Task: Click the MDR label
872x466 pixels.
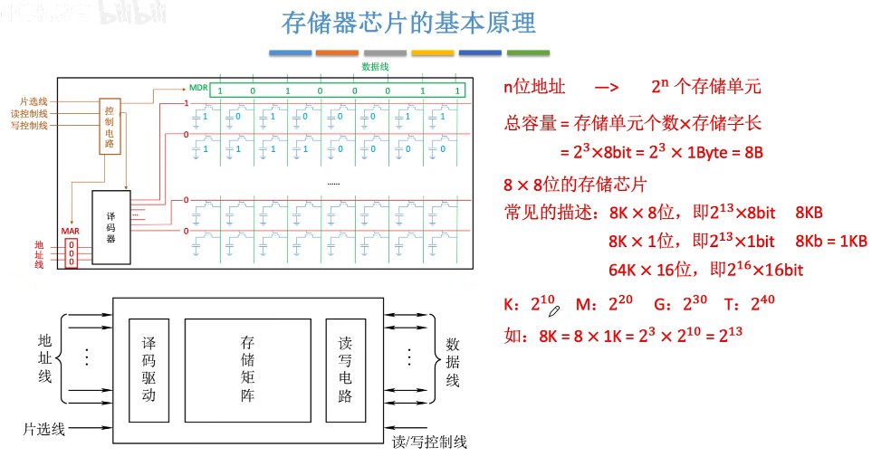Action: (198, 88)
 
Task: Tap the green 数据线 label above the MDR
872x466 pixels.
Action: (375, 67)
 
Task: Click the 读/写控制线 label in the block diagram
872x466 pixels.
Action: (429, 442)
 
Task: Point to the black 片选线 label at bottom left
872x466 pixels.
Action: (44, 429)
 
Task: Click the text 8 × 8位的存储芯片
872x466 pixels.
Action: (575, 185)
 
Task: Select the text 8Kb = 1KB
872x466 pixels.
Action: (830, 241)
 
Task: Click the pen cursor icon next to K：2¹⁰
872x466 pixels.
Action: (554, 309)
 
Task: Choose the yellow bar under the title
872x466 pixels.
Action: (432, 53)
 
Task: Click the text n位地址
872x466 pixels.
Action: (534, 88)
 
